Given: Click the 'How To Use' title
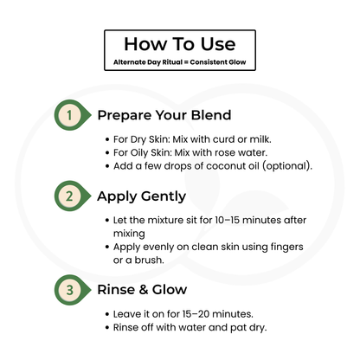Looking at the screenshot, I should coord(180,43).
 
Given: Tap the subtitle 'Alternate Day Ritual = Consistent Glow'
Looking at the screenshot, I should coord(180,62).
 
